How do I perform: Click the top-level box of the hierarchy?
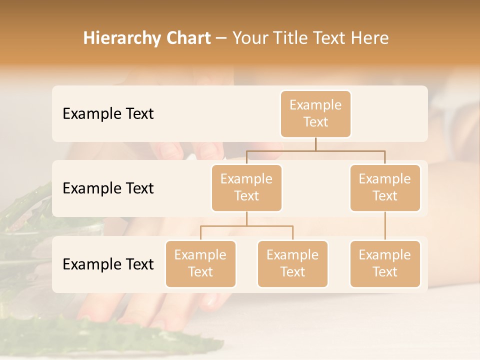coord(315,114)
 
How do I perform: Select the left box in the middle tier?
coord(246,188)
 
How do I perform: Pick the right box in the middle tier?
coord(385,188)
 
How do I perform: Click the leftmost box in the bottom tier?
coord(200,264)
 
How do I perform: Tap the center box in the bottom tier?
coord(292,264)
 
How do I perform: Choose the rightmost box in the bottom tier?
coord(385,264)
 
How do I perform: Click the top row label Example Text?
coord(108,114)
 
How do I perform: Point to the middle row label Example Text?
coord(108,188)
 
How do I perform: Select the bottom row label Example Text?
coord(108,264)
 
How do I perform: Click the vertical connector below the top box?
coord(315,144)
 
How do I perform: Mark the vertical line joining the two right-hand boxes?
coord(385,226)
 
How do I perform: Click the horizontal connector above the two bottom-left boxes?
coord(246,226)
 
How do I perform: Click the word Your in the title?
coord(249,38)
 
